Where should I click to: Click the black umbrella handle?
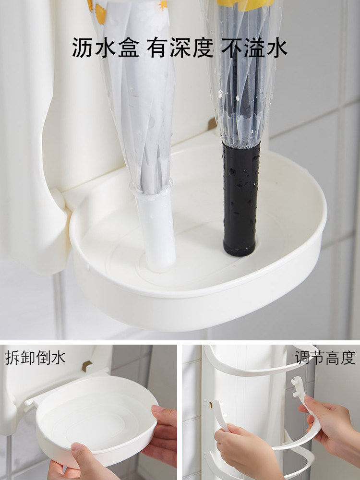(241, 199)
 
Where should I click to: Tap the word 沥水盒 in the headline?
(105, 48)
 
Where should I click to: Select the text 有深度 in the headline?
(180, 48)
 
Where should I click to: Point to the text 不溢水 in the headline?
(254, 48)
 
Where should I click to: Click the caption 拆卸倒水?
(36, 358)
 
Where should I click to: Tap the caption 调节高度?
(325, 358)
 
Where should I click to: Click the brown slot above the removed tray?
(86, 365)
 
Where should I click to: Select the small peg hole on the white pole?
(211, 405)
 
